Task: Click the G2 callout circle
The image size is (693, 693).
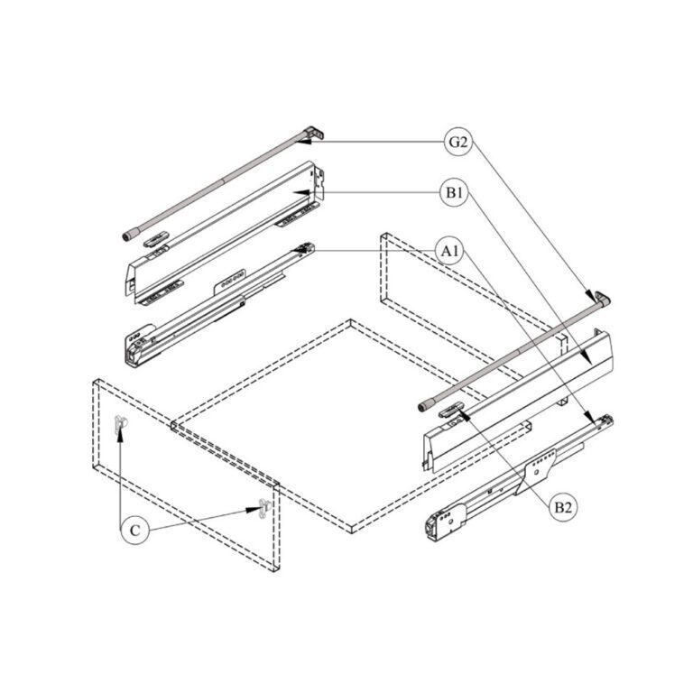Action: [x=458, y=143]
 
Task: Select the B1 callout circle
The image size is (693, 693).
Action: [x=454, y=193]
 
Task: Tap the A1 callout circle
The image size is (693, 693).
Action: [x=448, y=250]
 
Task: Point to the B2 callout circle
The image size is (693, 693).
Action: [x=562, y=508]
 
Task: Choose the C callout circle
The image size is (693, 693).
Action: [x=134, y=531]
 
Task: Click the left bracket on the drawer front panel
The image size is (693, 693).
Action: [x=120, y=424]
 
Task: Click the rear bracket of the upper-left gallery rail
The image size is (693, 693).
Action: [x=312, y=134]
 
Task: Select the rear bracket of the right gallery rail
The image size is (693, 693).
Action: [x=600, y=299]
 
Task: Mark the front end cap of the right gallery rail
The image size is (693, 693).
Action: [x=423, y=406]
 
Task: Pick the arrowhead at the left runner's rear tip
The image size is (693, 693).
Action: [x=310, y=248]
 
